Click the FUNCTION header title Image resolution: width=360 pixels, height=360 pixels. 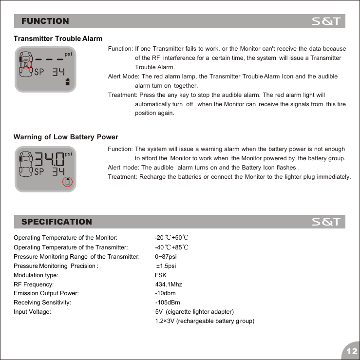(x=45, y=21)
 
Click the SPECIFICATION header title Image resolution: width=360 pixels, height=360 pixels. (x=57, y=222)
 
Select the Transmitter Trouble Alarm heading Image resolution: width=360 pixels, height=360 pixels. (x=58, y=38)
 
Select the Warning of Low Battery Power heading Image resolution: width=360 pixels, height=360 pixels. (x=66, y=137)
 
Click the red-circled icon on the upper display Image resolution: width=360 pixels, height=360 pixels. (x=26, y=64)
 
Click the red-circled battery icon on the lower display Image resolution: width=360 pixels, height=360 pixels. (x=68, y=182)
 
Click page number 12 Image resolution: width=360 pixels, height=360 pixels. (x=350, y=351)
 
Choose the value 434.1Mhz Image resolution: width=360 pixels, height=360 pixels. (x=169, y=284)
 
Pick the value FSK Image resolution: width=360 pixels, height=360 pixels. (x=161, y=275)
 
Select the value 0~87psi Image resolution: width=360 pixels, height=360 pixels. (x=166, y=256)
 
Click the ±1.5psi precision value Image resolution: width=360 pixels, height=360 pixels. (x=166, y=266)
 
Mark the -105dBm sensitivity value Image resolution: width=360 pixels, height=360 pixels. (x=167, y=303)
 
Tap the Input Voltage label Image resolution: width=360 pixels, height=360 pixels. (x=32, y=312)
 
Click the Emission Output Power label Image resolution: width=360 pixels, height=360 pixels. (x=46, y=293)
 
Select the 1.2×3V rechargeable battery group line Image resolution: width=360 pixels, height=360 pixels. (x=205, y=321)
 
